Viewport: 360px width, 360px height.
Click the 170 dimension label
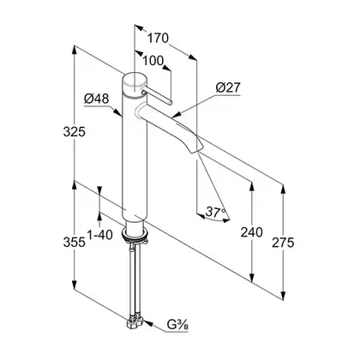pos(158,38)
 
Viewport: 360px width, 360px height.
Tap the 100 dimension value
pos(153,61)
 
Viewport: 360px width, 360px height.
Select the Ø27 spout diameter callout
pos(228,87)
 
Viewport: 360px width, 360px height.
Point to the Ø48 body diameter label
pos(97,99)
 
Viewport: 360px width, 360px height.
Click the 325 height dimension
pos(75,132)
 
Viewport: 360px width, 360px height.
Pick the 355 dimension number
pos(75,243)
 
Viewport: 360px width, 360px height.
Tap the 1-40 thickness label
pos(99,235)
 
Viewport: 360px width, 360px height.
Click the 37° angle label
pos(215,212)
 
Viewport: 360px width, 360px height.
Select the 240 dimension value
pos(251,232)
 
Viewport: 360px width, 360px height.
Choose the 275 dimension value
pos(283,243)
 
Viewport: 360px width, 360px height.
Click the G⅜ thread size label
pos(177,325)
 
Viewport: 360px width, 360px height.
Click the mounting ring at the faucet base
pos(135,235)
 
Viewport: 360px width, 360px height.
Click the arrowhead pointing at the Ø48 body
pos(118,112)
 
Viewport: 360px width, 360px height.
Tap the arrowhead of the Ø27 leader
pos(176,115)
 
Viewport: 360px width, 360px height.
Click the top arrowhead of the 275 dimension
pos(283,189)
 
